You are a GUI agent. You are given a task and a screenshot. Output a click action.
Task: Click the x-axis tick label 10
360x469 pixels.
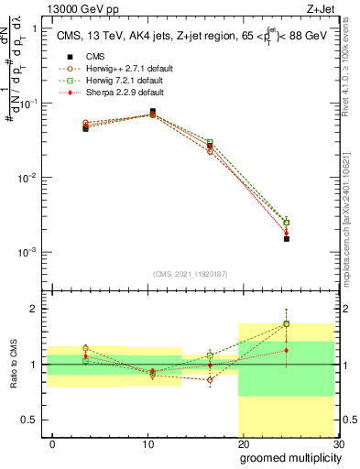coord(147,442)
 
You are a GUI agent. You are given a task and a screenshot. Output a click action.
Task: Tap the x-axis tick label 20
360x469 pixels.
coord(243,442)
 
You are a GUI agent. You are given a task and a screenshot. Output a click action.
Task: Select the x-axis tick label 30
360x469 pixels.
coord(337,442)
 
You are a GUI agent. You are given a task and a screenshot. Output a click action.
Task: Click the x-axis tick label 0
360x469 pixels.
coord(52,442)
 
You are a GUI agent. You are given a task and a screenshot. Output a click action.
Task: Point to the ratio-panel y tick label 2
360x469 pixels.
coord(33,309)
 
